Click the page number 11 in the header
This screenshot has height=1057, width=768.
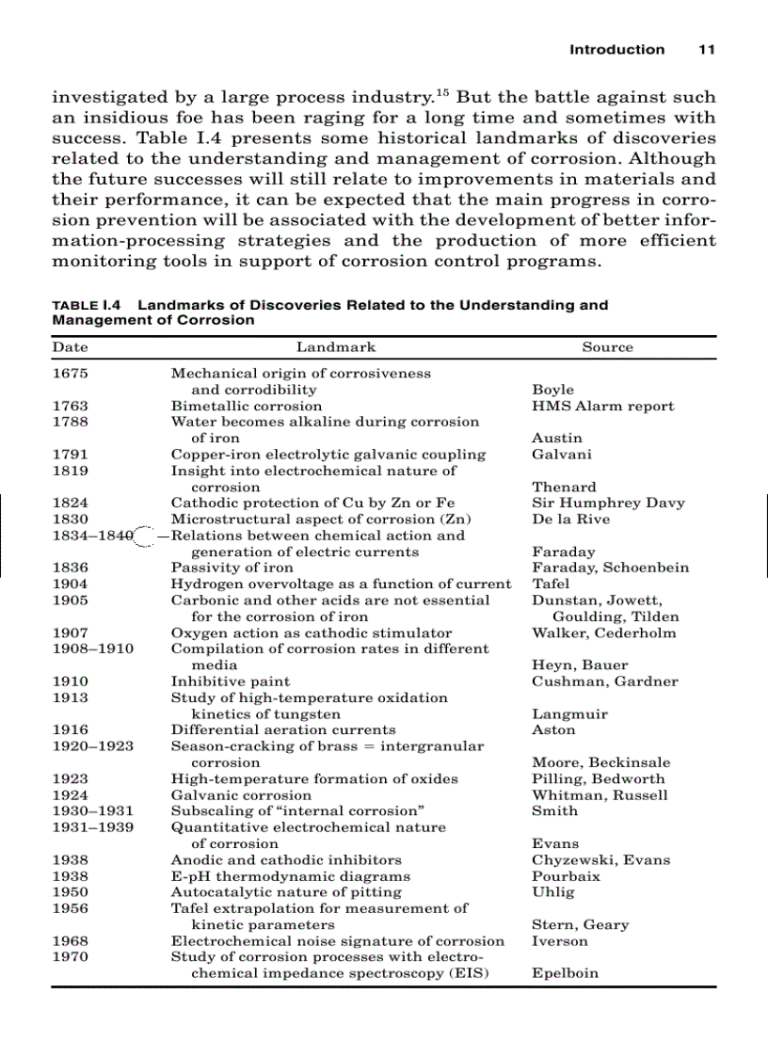coord(706,50)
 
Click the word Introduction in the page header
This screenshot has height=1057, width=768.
coord(616,50)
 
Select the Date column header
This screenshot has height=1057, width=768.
coord(70,347)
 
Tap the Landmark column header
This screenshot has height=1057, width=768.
coord(336,347)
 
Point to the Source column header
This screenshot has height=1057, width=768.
coord(607,347)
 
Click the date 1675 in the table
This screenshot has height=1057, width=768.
coord(71,374)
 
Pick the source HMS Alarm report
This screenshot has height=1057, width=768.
coord(602,407)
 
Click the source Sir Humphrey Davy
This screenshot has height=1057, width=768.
coord(608,504)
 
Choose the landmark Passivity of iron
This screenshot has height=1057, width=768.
coord(232,568)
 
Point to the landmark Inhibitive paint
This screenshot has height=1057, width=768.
coord(230,681)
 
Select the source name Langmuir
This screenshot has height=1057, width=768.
coord(569,714)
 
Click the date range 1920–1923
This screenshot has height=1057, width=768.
coord(92,746)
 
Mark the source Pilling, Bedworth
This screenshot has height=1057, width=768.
coord(598,779)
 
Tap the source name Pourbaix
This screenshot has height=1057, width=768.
coord(566,876)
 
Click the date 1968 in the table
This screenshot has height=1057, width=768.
coord(71,941)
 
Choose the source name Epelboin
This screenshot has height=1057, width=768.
coord(565,973)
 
